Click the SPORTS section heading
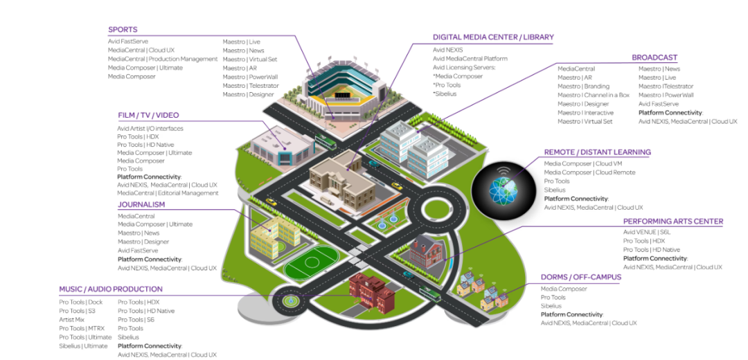click(123, 30)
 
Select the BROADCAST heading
click(654, 57)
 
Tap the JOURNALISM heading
click(141, 204)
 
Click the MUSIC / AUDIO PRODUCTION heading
click(111, 289)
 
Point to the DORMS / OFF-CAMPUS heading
click(581, 277)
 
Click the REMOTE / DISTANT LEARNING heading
click(597, 152)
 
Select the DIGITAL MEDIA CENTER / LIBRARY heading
click(493, 37)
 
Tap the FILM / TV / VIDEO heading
click(148, 116)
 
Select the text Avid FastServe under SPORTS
click(128, 42)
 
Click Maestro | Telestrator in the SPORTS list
click(251, 86)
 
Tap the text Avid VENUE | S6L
click(646, 232)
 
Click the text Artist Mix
click(71, 320)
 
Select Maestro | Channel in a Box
click(594, 96)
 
